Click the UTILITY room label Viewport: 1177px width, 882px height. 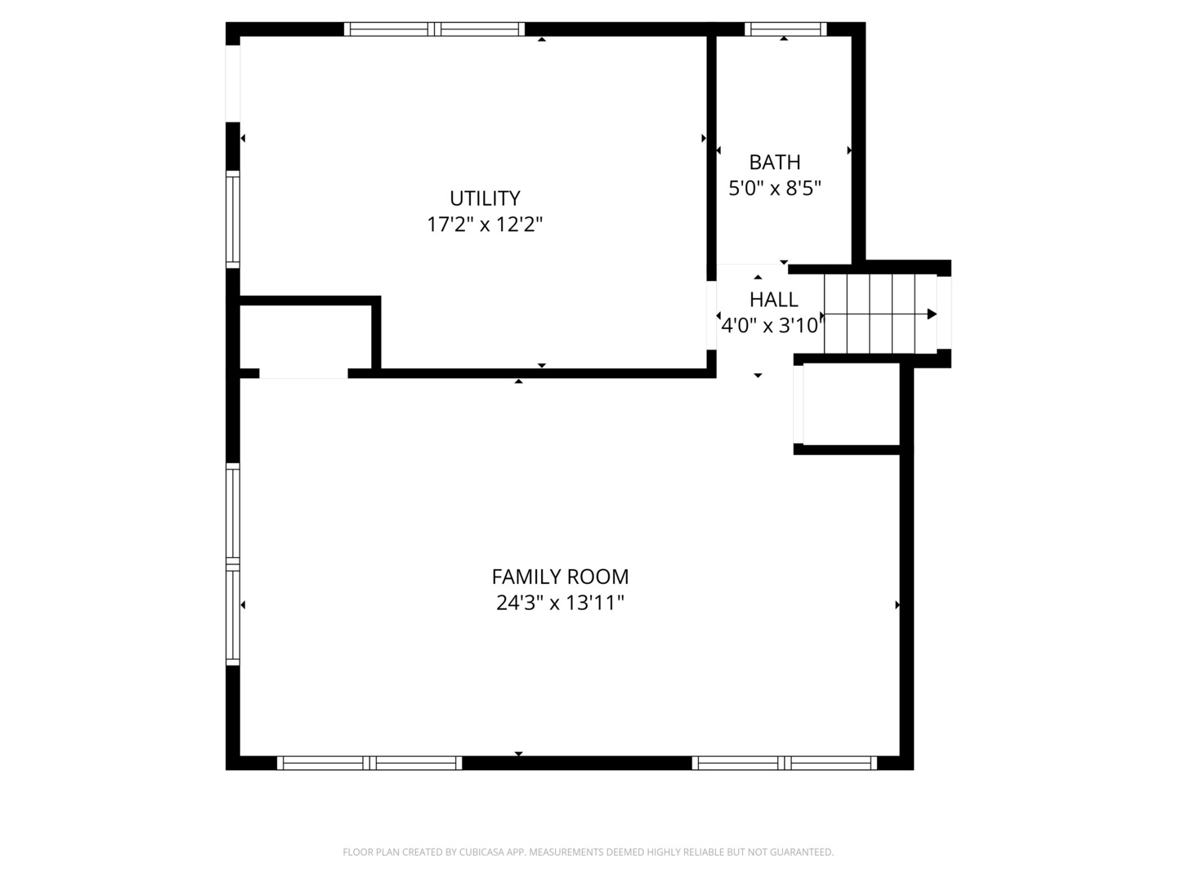pos(485,198)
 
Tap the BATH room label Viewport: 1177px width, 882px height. pos(774,162)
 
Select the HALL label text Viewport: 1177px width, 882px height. pos(774,300)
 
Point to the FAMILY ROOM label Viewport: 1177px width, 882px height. pos(560,577)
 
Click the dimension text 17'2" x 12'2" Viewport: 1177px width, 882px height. pos(485,225)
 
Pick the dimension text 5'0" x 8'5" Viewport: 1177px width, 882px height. pos(775,188)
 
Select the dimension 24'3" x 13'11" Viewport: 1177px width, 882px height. pos(560,603)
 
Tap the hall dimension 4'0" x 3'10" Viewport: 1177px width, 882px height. pos(771,325)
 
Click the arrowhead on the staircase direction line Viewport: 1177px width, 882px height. pos(932,314)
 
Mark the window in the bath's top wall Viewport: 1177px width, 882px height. pos(785,29)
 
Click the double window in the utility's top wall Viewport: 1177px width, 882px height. pos(434,29)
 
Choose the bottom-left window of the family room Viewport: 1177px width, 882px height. pos(369,763)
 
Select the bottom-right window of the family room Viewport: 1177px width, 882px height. pos(785,763)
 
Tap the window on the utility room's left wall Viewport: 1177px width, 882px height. pos(233,220)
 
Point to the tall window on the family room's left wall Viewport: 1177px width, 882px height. pos(233,564)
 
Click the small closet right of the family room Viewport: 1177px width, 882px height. pos(851,405)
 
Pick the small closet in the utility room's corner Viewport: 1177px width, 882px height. pos(306,336)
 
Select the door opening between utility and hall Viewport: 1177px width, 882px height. pos(712,315)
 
